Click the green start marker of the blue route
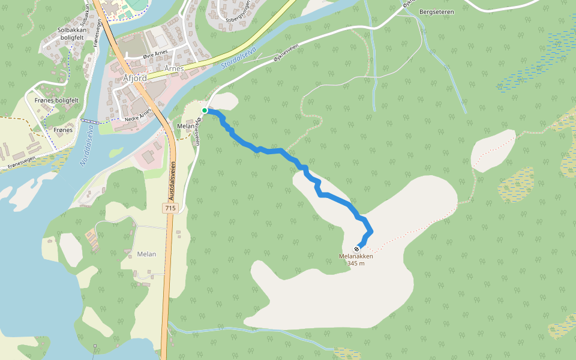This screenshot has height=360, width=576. tap(205, 110)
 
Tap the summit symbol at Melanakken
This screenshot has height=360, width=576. tap(357, 248)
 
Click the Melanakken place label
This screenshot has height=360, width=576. tap(356, 256)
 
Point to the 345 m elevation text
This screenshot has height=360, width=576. tap(356, 263)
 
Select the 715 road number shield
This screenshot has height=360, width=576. tap(171, 208)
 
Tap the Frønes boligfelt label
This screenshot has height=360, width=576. tap(57, 100)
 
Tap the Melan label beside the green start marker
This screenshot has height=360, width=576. tap(184, 126)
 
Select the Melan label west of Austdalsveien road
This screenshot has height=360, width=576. tap(146, 254)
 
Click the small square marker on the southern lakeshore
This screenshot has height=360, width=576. tap(95, 346)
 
